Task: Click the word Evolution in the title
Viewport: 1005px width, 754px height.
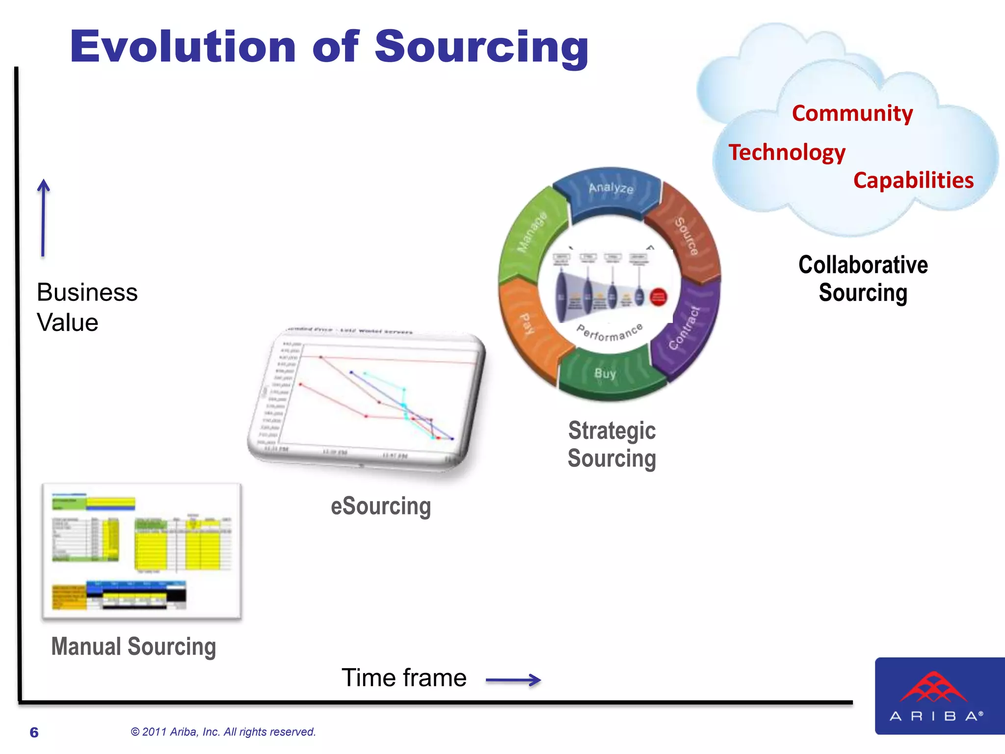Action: [183, 47]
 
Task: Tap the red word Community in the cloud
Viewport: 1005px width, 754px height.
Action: [852, 113]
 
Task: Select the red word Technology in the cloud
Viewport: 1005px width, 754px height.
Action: [787, 152]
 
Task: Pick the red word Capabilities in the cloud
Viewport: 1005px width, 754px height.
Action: [913, 180]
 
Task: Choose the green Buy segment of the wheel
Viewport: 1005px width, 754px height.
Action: [606, 374]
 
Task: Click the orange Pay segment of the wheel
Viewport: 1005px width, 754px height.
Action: [528, 324]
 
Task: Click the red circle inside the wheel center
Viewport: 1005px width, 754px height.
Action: [658, 297]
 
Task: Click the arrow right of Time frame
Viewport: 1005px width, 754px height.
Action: [513, 680]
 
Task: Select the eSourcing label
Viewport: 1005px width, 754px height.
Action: [381, 506]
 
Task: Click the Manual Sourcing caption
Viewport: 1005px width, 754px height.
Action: [133, 646]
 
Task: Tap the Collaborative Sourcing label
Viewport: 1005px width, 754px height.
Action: [863, 278]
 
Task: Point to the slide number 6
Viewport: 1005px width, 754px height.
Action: [34, 732]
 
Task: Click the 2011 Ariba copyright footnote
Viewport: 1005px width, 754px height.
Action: [223, 732]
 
